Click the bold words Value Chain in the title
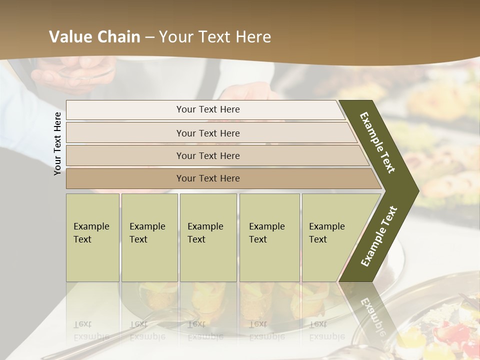click(94, 37)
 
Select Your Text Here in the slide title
click(215, 37)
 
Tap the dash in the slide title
click(149, 37)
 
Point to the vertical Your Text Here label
click(58, 143)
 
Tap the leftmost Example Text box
click(92, 237)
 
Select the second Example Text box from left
click(149, 237)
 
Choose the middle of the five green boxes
click(208, 237)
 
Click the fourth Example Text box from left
click(269, 237)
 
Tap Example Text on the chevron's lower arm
click(379, 236)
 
